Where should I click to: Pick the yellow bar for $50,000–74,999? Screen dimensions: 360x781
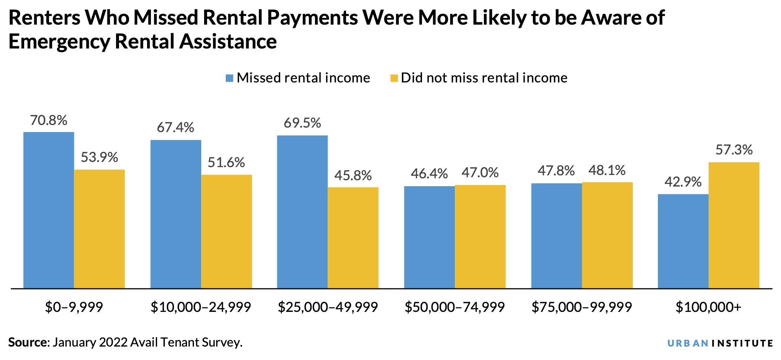click(x=480, y=237)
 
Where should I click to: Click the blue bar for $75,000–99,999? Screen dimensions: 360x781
click(x=556, y=235)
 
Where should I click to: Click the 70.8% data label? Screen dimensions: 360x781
click(x=49, y=120)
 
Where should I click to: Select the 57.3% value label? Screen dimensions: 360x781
click(x=734, y=150)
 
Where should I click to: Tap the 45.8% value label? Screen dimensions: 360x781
click(x=353, y=175)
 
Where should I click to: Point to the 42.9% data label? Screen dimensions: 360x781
click(x=683, y=182)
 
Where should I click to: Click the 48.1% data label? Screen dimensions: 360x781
click(x=607, y=170)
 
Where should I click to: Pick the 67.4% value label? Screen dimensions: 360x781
click(x=175, y=128)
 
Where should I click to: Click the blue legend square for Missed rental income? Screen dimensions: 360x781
click(x=229, y=78)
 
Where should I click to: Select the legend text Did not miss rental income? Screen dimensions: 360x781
click(x=484, y=78)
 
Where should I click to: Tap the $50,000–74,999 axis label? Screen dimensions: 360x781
click(x=454, y=307)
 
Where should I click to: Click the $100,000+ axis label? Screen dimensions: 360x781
click(x=708, y=307)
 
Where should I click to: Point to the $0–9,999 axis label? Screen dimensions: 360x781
click(x=74, y=307)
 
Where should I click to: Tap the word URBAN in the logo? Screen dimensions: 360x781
click(x=687, y=343)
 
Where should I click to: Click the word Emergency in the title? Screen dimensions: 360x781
click(x=59, y=42)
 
